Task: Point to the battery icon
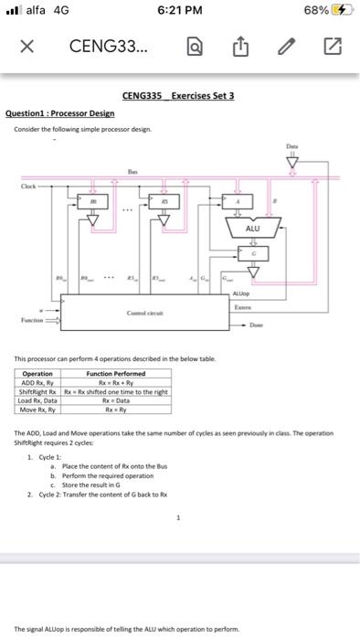click(339, 10)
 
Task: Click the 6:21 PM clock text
click(179, 10)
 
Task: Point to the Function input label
click(34, 321)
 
